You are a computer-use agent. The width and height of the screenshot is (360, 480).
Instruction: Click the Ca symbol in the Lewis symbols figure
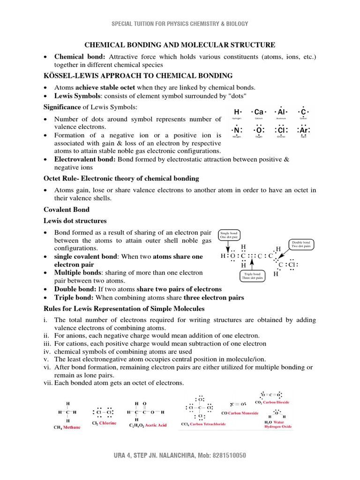pyautogui.click(x=259, y=112)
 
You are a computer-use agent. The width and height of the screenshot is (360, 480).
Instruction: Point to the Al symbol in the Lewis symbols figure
pyautogui.click(x=281, y=112)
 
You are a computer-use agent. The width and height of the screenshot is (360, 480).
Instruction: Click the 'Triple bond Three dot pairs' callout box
pyautogui.click(x=253, y=276)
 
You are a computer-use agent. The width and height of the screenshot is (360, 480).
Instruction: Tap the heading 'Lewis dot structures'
pyautogui.click(x=75, y=221)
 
